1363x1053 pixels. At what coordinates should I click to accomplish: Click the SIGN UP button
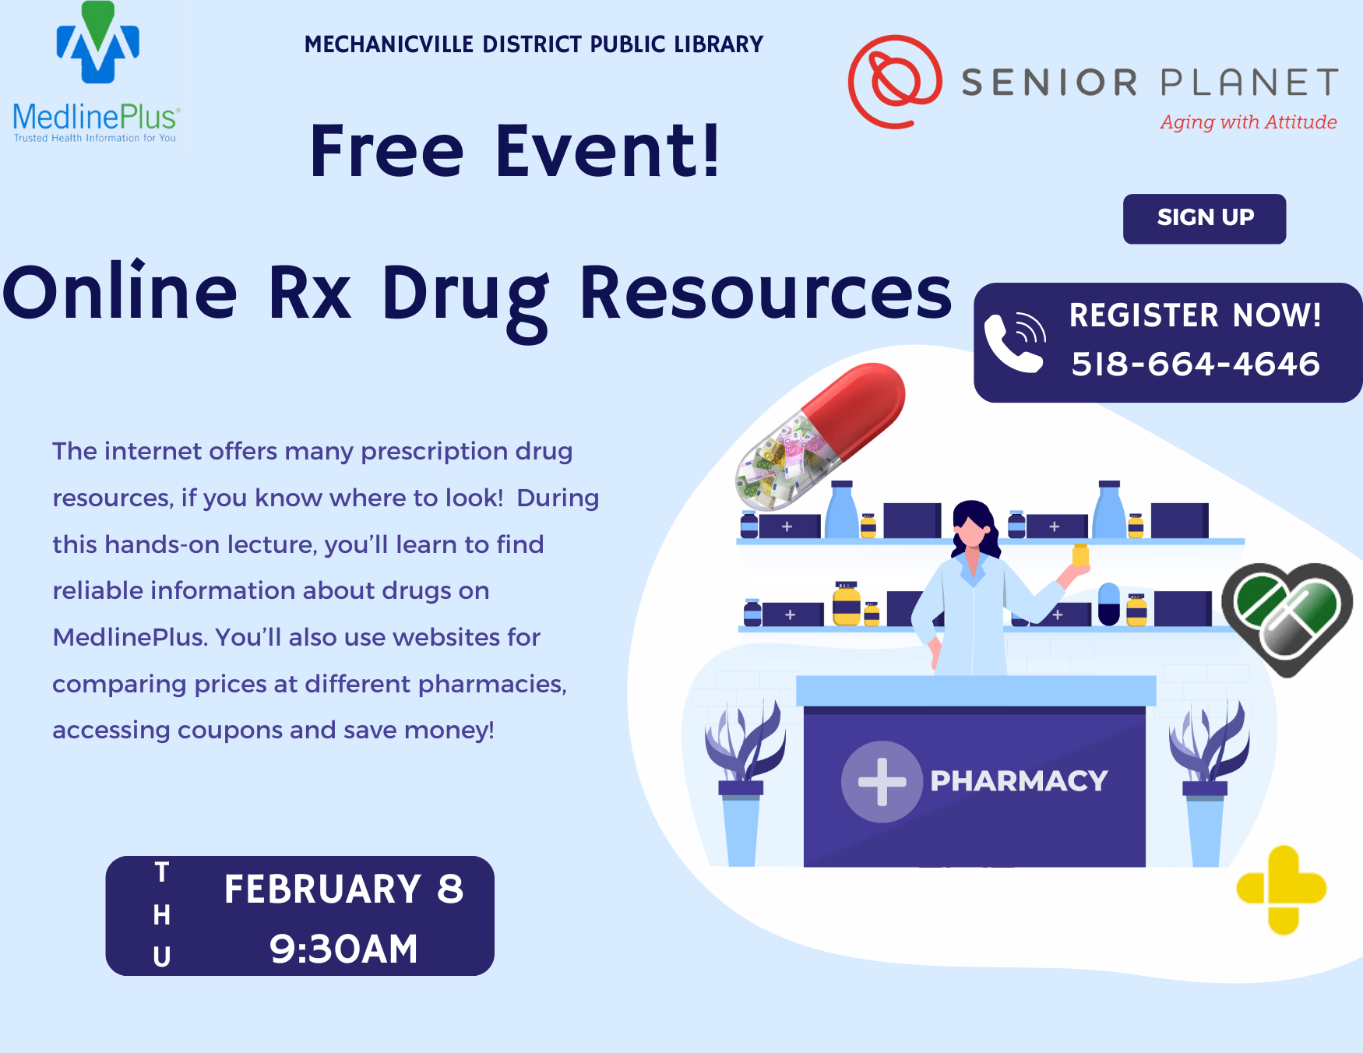(1204, 218)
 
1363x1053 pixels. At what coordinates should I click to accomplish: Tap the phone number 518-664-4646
(1196, 364)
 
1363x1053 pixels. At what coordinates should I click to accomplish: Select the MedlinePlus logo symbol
(97, 43)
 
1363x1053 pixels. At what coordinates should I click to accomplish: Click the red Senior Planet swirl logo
(894, 81)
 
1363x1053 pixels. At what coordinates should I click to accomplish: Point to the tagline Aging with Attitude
(1249, 122)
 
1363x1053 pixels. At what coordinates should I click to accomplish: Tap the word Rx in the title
(310, 293)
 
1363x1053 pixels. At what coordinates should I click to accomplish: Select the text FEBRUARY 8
(343, 889)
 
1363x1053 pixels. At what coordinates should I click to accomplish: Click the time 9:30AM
(343, 949)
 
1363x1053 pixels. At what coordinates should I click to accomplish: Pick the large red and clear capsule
(820, 436)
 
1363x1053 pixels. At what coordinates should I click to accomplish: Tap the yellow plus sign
(1282, 889)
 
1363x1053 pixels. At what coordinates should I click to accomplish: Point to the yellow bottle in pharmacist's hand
(1080, 555)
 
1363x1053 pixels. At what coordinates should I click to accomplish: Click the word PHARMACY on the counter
(1019, 780)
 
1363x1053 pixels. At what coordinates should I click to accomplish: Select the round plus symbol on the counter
(882, 781)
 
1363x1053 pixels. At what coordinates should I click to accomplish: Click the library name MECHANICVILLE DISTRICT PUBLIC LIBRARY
(534, 44)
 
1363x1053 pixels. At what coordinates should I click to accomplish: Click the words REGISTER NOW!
(1196, 315)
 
